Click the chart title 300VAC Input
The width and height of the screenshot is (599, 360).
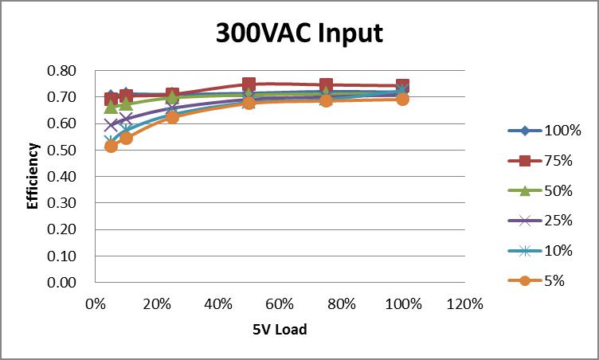coord(299,33)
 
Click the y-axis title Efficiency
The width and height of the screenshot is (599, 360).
coord(33,176)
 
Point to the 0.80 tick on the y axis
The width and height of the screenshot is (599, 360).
coord(62,71)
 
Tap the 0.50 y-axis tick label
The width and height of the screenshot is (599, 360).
coord(62,151)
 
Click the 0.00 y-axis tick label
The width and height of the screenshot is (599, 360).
coord(62,283)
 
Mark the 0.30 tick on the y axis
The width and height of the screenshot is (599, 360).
coord(62,203)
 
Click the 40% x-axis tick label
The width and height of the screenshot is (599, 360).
coord(218,304)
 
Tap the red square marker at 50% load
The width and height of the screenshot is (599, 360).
coord(249,84)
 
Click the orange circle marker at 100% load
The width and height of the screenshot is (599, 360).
coord(403,99)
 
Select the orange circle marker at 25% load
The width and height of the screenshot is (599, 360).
coord(172,116)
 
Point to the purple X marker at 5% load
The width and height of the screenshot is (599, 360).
coord(111,125)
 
